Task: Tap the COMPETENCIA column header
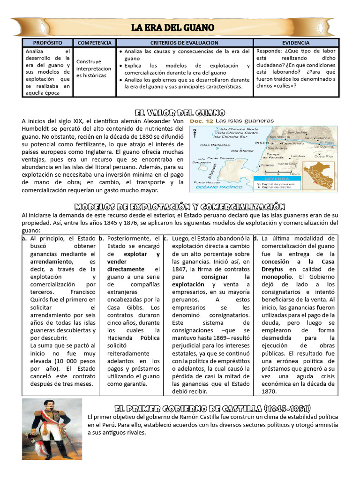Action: [x=94, y=43]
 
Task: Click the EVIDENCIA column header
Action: [x=295, y=43]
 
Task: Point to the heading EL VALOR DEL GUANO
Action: [x=180, y=113]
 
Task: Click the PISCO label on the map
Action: [x=262, y=142]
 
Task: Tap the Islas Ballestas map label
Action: [x=211, y=145]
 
